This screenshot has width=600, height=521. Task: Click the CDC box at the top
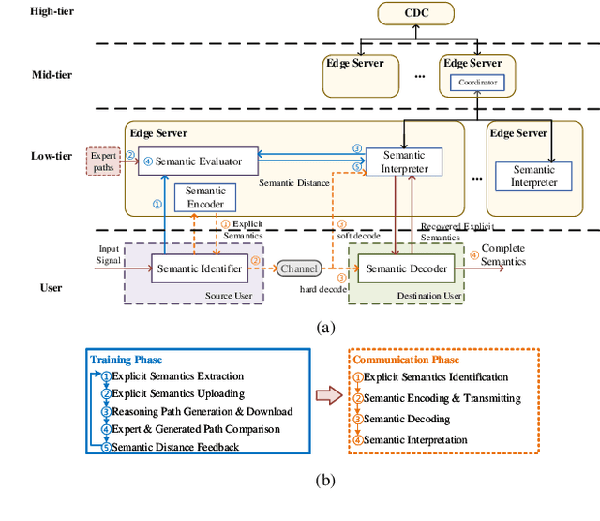pos(415,15)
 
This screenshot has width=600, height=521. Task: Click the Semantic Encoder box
pos(205,196)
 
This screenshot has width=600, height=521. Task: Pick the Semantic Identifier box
pos(201,269)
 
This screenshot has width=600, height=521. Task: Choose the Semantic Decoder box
pos(406,269)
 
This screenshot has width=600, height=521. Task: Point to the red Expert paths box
pos(104,161)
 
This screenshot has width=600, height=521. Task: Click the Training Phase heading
pos(126,360)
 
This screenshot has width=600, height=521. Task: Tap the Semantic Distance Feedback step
pos(169,446)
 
